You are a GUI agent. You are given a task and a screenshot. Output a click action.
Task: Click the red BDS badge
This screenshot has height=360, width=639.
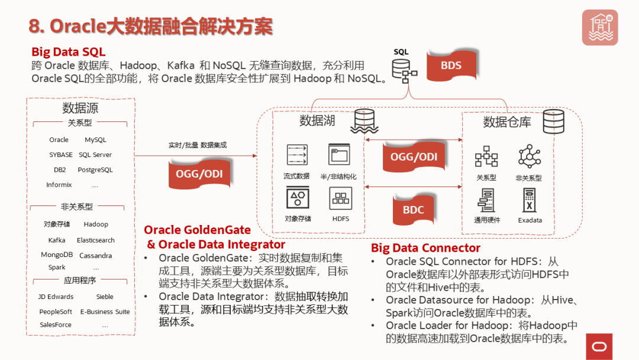[x=451, y=65]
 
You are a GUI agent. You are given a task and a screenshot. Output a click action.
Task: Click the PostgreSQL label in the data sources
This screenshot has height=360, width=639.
[x=95, y=170]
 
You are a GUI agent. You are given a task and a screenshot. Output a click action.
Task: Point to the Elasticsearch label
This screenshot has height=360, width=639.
[x=95, y=240]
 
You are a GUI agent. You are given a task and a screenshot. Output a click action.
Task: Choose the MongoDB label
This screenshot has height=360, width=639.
[x=57, y=255]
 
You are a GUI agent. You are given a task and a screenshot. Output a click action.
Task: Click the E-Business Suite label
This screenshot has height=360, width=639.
[x=105, y=311]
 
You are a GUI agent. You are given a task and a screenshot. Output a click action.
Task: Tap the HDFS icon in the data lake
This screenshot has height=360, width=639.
[x=341, y=198]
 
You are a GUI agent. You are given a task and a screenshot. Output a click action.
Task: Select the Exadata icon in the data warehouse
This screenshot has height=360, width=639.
[x=530, y=200]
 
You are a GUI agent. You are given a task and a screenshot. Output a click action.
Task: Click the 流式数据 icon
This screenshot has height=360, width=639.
[x=297, y=155]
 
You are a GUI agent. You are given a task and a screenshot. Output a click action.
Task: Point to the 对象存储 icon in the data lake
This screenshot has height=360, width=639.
[x=298, y=198]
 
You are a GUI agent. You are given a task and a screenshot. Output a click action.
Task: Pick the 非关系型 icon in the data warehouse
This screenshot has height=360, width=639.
[x=529, y=157]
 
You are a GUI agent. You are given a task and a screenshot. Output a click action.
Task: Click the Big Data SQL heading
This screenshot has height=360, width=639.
[x=69, y=52]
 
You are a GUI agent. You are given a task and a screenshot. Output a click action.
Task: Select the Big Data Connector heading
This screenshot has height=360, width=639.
[x=425, y=248]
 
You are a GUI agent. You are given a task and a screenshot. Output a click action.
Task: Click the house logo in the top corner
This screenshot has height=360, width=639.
[x=599, y=27]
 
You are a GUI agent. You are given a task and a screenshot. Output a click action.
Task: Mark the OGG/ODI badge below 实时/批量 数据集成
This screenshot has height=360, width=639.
[x=199, y=173]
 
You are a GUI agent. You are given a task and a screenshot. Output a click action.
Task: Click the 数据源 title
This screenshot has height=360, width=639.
[x=80, y=108]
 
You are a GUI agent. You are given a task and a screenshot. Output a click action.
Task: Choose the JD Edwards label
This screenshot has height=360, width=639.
[x=56, y=297]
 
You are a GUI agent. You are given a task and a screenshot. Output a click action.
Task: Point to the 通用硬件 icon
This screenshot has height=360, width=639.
[x=486, y=200]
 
